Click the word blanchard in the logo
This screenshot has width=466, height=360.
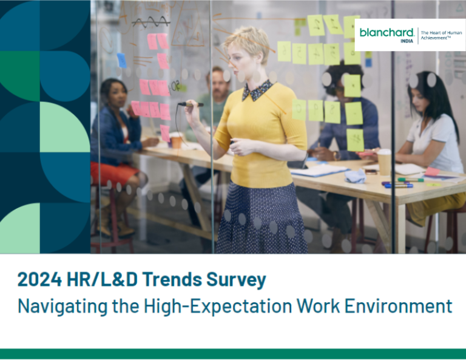386,32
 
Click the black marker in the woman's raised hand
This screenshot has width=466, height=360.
190,104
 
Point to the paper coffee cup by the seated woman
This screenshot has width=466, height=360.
384,161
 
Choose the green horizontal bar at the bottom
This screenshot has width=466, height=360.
233,353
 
